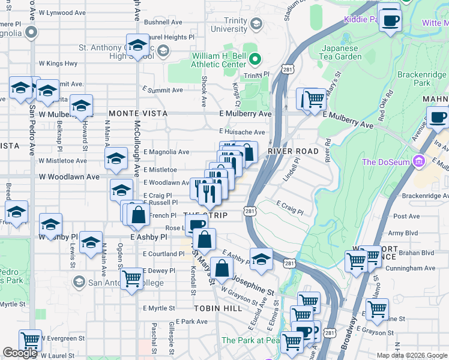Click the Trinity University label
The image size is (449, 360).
228,25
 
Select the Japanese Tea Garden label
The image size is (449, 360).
342,53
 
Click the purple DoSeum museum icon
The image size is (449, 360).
420,161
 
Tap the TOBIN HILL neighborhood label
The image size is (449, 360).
217,308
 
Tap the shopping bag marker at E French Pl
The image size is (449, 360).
138,215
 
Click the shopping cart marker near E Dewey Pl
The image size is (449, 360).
131,278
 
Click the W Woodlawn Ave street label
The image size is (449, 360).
69,177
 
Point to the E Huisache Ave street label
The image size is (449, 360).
242,132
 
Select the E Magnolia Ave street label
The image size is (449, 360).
166,152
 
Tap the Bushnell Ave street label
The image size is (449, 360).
163,22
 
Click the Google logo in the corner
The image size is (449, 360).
20,353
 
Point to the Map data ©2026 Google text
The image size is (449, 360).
411,355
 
